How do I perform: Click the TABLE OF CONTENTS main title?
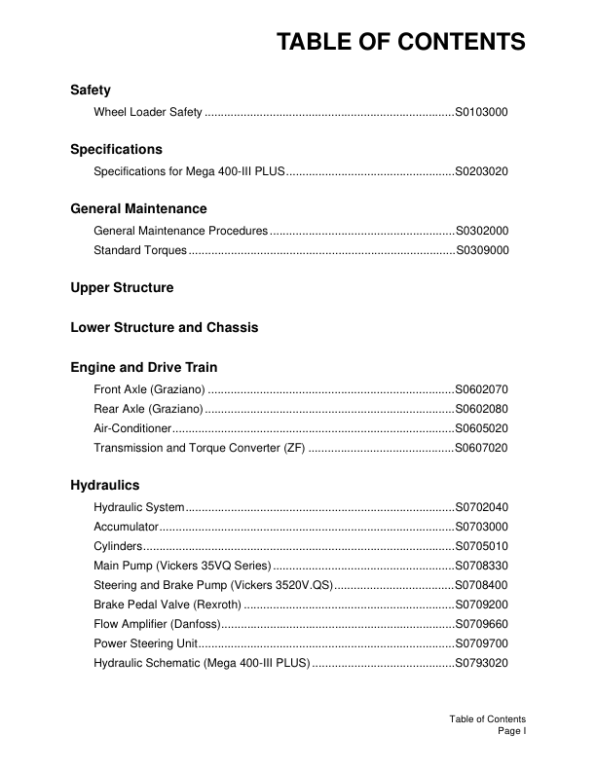[x=400, y=42]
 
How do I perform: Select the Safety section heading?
[x=91, y=91]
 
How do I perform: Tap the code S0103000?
[x=481, y=113]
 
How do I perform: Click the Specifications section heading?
[x=116, y=150]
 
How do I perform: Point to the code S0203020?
[x=481, y=171]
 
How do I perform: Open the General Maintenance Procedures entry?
[x=180, y=231]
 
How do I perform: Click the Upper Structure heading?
[x=122, y=288]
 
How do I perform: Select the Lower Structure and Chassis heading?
[x=165, y=328]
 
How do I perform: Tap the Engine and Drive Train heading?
[x=143, y=368]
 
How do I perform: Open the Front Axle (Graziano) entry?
[x=148, y=389]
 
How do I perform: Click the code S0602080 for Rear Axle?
[x=481, y=409]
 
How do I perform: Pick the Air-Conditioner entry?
[x=132, y=428]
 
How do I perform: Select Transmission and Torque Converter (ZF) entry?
[x=200, y=448]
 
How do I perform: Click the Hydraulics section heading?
[x=104, y=485]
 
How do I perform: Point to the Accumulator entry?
[x=126, y=527]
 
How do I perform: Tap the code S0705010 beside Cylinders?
[x=481, y=546]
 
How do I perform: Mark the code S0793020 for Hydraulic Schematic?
[x=481, y=663]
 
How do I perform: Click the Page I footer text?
[x=511, y=730]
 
